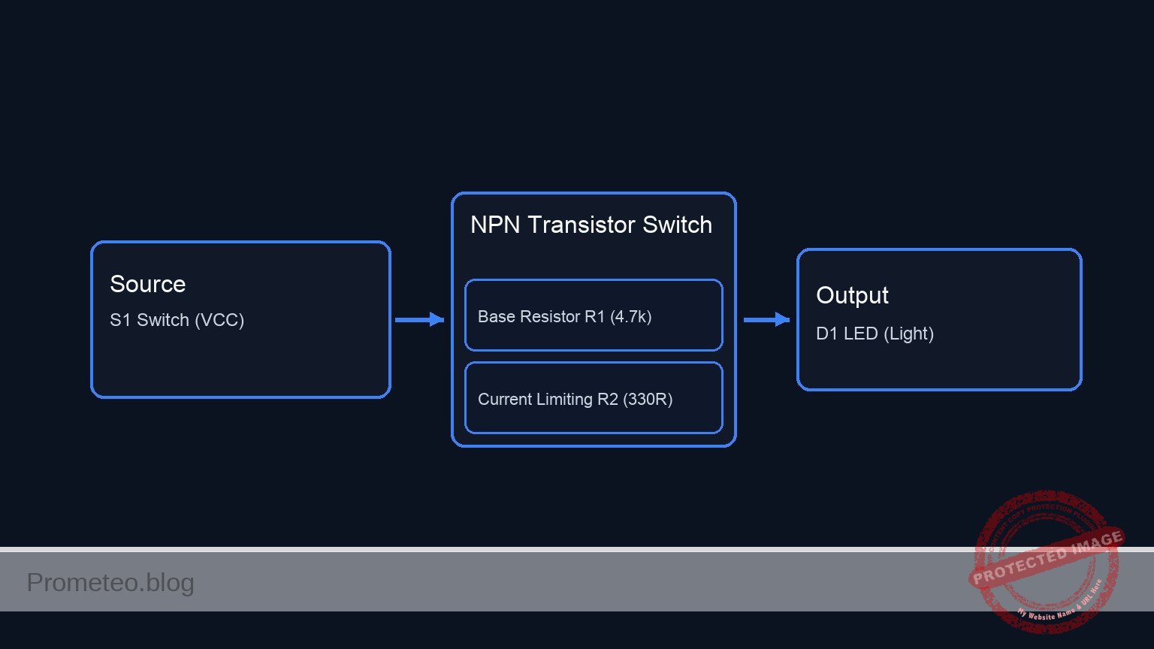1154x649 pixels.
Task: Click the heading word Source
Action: [x=147, y=284]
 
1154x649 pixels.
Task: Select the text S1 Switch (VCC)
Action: [x=177, y=320]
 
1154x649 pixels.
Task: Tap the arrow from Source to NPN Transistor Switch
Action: [x=419, y=320]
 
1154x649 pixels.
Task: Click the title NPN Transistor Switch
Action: [x=591, y=225]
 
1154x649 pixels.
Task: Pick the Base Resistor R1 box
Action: [x=594, y=315]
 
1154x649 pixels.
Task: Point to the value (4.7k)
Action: [x=630, y=316]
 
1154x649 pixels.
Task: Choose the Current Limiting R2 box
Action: [x=594, y=398]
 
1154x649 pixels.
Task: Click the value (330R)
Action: [x=648, y=399]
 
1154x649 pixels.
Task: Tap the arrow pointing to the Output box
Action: [x=766, y=320]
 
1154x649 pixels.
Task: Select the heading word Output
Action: [x=852, y=295]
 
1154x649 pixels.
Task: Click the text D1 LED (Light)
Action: [x=875, y=334]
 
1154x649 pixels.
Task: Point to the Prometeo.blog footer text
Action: [x=110, y=582]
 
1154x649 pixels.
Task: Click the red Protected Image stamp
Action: [x=1046, y=560]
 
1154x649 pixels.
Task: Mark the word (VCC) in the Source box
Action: [x=219, y=320]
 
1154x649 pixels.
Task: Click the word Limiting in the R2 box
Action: [x=562, y=399]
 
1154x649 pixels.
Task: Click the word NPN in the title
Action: [x=495, y=225]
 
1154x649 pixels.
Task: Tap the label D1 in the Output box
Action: [x=826, y=334]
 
